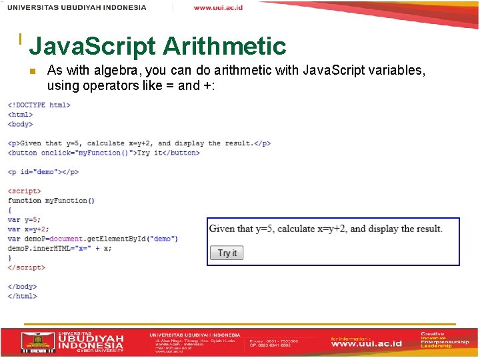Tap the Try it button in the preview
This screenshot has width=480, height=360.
(x=227, y=253)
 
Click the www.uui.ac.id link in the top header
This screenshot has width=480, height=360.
(x=218, y=7)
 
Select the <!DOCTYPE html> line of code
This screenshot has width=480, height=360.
(x=39, y=105)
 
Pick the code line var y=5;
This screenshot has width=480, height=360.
(x=24, y=219)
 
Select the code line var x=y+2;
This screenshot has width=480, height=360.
(x=28, y=229)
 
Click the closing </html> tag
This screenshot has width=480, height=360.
(x=22, y=296)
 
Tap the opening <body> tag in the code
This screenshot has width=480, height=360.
(x=20, y=124)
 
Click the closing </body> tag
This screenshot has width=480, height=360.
(x=22, y=287)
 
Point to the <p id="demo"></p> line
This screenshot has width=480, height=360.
(x=43, y=172)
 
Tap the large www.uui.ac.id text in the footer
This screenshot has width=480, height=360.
(x=367, y=344)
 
